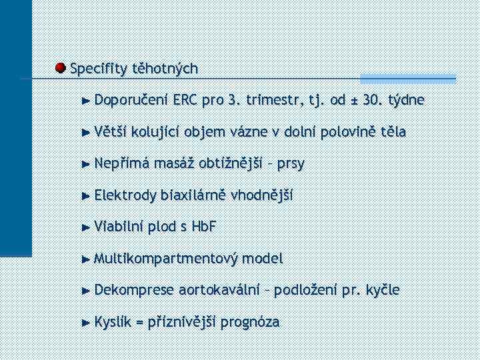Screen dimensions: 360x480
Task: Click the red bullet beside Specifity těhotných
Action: (60, 68)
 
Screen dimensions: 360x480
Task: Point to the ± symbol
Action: (357, 101)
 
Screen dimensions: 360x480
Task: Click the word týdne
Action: (406, 100)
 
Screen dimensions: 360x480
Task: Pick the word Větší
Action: (111, 132)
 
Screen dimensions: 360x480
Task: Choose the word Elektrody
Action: (125, 195)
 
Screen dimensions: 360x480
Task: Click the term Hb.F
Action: (203, 227)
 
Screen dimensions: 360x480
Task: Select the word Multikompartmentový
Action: (166, 258)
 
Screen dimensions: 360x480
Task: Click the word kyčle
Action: (381, 290)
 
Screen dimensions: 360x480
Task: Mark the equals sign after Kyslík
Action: (139, 322)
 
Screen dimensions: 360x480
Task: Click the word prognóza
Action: (249, 322)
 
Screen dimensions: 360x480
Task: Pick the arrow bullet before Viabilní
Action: (85, 227)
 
